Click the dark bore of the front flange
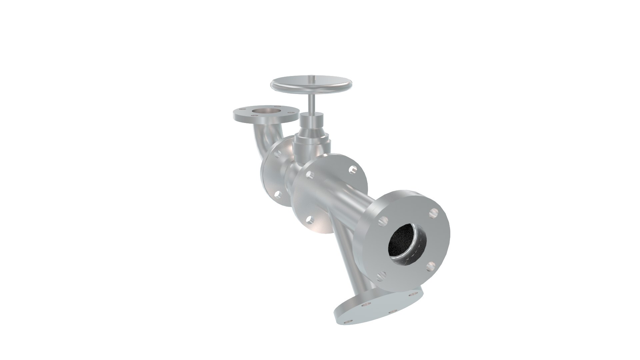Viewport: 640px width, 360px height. click(x=405, y=245)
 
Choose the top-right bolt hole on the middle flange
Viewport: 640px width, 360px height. click(x=352, y=170)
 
